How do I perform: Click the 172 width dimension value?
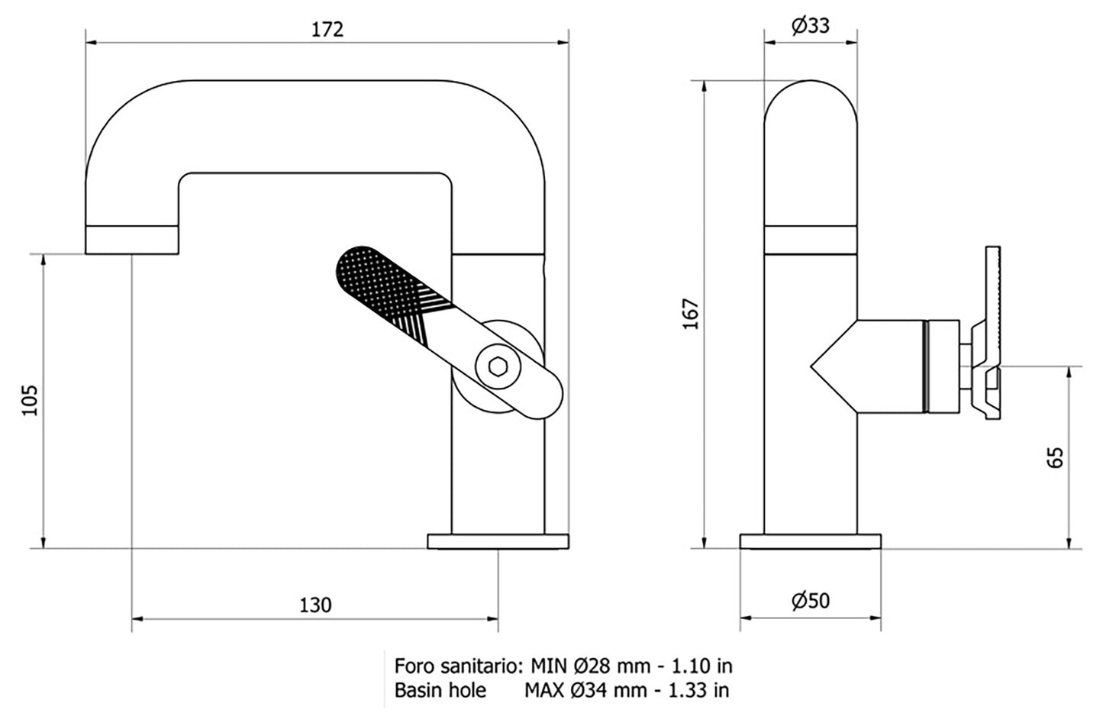pos(327,29)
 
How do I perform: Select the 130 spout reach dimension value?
pos(315,605)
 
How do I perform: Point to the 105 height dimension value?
pos(29,400)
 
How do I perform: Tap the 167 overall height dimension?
pos(690,315)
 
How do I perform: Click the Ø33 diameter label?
pos(810,26)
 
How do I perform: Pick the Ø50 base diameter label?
pos(810,601)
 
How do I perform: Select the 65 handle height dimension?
pos(1056,457)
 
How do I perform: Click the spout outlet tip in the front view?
pos(131,240)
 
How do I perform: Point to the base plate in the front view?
pos(498,541)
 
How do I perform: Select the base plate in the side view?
pos(810,541)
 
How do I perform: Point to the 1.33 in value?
pos(698,690)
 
